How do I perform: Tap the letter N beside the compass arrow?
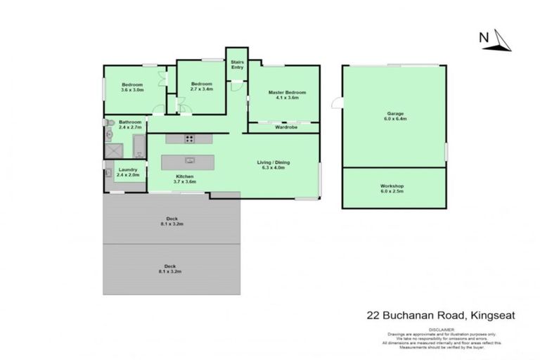[484, 37]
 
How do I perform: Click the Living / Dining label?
[276, 165]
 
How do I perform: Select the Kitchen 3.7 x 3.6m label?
[185, 179]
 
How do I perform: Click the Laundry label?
[128, 172]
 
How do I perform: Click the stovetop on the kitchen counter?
[190, 138]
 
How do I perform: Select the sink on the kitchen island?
[189, 160]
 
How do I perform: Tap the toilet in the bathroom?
[110, 132]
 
